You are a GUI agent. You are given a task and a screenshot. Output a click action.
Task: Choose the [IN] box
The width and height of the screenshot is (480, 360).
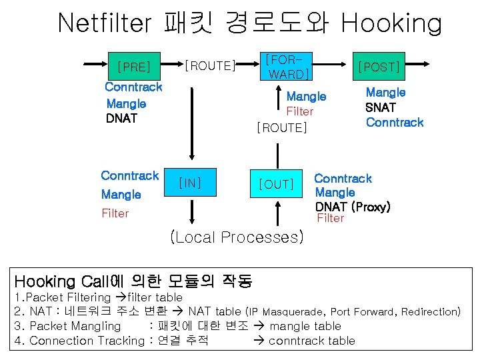tap(191, 182)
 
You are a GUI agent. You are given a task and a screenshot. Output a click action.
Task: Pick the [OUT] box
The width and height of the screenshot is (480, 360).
tap(276, 183)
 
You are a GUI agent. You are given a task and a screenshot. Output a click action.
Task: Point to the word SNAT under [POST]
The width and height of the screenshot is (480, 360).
tap(381, 107)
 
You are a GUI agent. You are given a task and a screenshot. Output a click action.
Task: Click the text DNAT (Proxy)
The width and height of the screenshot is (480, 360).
tap(353, 207)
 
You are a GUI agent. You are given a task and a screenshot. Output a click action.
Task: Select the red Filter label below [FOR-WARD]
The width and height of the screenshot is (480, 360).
tap(299, 111)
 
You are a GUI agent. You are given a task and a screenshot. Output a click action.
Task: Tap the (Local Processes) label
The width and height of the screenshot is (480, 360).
tap(237, 237)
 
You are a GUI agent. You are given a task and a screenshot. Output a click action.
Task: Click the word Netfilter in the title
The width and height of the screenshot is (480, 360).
tap(106, 23)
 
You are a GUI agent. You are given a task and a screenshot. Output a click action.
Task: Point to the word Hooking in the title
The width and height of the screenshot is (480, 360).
tap(391, 23)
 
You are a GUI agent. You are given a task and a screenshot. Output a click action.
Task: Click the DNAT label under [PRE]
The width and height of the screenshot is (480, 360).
tap(121, 119)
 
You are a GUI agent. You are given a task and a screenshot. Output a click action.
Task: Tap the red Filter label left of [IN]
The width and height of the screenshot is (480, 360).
tap(115, 213)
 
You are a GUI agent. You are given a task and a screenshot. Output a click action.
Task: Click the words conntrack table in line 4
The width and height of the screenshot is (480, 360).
tap(311, 341)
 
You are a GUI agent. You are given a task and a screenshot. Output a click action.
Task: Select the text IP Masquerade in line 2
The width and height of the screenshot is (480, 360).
tap(285, 311)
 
